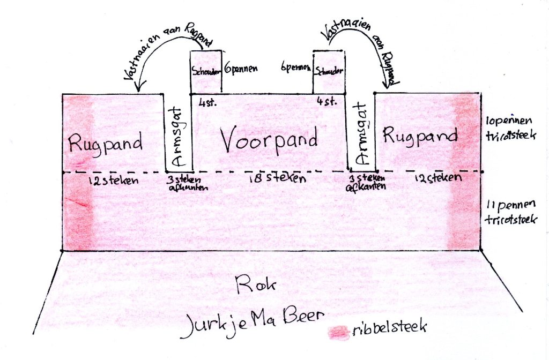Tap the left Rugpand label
(105, 144)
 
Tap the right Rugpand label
(420, 136)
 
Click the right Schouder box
(329, 71)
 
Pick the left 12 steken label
(113, 181)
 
